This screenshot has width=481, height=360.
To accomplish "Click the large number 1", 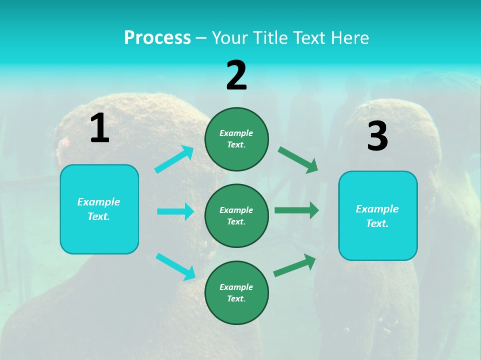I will pos(100,128).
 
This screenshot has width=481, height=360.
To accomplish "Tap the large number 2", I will pos(236,75).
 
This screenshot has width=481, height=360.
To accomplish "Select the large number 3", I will pos(377,136).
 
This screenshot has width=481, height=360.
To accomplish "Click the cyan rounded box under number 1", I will pos(99,209).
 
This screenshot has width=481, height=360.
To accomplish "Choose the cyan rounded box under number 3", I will pos(378,216).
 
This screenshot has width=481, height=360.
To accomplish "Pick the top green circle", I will pos(236,139).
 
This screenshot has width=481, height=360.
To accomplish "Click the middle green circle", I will pos(236,215).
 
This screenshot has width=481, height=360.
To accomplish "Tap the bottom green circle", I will pos(236,292).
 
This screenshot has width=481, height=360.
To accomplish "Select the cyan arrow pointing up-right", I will pos(174,159).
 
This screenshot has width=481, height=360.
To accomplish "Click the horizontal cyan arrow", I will pos(175,211).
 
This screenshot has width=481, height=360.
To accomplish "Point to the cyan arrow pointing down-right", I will pos(175,266).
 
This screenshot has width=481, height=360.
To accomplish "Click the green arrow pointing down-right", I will pos(298,160).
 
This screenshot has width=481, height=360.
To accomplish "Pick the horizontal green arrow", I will pos(297,210).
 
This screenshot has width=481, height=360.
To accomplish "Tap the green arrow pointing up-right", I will pos(295,265).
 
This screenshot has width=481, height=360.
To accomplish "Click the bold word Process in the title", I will pos(157,37).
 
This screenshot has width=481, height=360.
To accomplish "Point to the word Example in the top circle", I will pos(236,133).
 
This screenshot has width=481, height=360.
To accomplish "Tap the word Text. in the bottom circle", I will pos(236,298).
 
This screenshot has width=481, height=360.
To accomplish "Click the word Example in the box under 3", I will pos(377,209).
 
